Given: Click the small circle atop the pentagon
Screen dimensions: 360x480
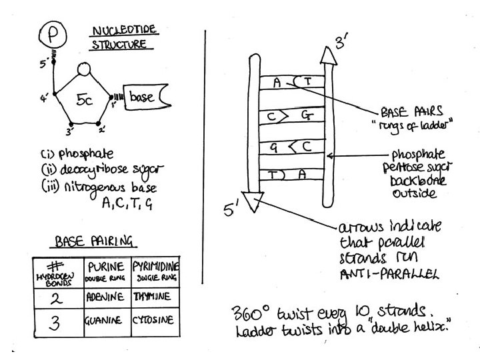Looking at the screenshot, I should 83,69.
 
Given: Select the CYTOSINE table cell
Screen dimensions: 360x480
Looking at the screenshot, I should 157,320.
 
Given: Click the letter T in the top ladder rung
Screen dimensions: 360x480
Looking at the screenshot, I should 307,82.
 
